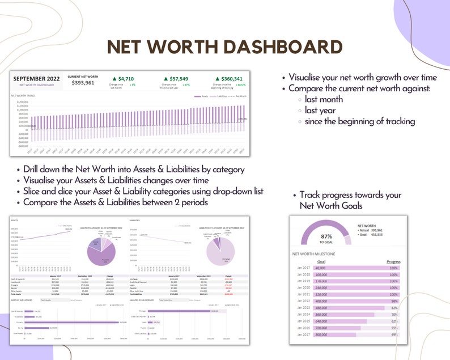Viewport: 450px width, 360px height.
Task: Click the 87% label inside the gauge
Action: (326, 236)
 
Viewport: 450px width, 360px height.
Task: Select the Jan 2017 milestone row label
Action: (304, 268)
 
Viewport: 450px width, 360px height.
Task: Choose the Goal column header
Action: (321, 262)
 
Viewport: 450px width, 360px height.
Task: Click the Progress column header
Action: (393, 262)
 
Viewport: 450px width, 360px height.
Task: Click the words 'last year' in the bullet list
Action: (320, 110)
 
